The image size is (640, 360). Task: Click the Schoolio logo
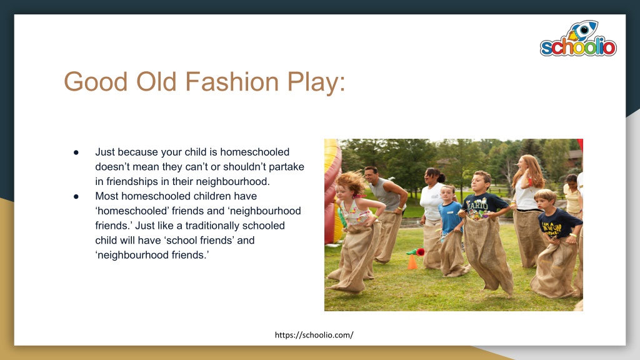tap(578, 38)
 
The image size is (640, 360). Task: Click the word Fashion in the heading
tap(232, 81)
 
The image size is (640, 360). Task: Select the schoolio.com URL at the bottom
tap(314, 335)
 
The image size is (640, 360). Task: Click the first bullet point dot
tap(76, 152)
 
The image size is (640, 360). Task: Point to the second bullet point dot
tap(76, 197)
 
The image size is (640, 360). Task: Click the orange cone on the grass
tap(412, 262)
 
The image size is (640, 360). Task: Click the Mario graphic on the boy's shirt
tap(477, 207)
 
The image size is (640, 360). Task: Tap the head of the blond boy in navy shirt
tap(545, 199)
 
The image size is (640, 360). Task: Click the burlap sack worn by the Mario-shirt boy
tap(487, 253)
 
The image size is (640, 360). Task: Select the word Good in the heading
tap(96, 81)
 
